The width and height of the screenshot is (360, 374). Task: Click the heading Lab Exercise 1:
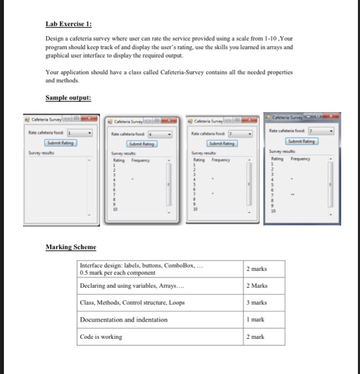point(68,24)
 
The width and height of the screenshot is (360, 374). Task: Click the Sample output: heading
point(68,98)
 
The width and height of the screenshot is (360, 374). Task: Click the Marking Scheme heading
point(71,247)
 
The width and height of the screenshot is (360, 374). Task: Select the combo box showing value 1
point(79,133)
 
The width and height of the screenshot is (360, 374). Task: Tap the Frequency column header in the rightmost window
point(302,159)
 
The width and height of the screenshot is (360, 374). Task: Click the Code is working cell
point(101,337)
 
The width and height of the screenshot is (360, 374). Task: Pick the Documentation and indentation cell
point(123,320)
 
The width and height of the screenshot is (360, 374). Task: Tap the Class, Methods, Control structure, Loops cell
point(132,302)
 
